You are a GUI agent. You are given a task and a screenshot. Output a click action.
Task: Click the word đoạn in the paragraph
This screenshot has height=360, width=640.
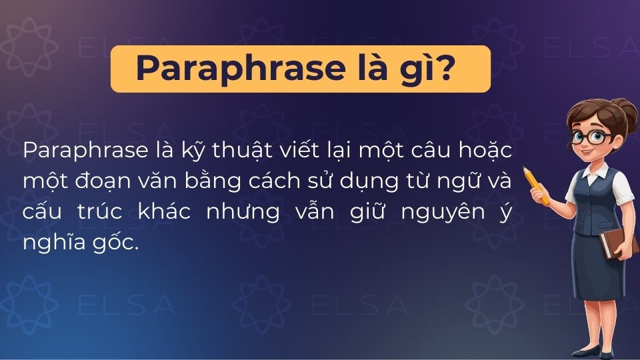tap(100, 181)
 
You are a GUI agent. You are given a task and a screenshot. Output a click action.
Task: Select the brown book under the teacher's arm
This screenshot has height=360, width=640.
tap(609, 244)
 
